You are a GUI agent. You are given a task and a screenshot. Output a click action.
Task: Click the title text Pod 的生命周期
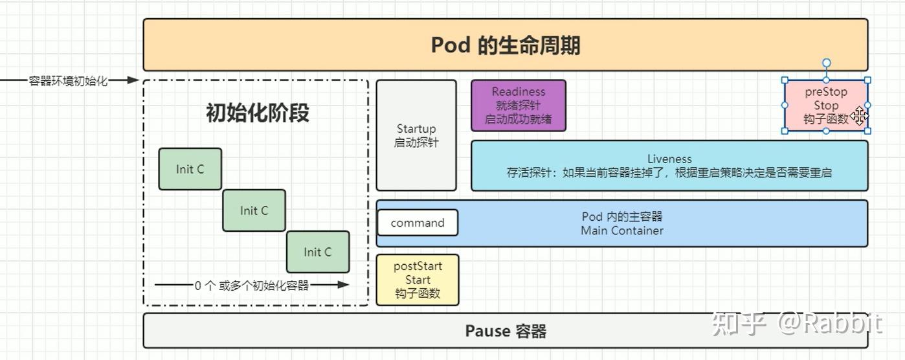505,45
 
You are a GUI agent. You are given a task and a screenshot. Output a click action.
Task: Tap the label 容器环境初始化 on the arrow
68,81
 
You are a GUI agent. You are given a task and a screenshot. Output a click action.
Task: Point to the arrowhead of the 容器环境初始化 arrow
133,80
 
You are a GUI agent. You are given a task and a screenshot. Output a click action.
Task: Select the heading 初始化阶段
257,113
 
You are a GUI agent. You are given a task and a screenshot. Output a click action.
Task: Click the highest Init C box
190,169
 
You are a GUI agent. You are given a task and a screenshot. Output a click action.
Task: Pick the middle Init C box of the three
254,210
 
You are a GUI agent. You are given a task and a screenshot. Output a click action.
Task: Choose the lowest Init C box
318,252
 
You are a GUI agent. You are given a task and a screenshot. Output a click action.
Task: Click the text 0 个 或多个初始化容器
251,285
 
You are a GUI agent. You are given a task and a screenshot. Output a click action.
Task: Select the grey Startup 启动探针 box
416,135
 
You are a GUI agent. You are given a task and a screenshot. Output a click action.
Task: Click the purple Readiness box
519,106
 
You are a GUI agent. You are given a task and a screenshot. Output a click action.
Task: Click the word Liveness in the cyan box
669,159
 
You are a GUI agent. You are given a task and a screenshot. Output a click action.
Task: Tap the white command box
418,223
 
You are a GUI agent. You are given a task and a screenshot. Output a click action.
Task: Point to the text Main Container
621,231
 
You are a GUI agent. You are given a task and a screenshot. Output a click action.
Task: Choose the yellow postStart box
418,280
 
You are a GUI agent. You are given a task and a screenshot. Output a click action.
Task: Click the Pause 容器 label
505,332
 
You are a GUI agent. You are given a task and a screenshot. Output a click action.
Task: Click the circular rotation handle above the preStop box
826,63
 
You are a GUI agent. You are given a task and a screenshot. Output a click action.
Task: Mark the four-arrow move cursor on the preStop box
859,117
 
